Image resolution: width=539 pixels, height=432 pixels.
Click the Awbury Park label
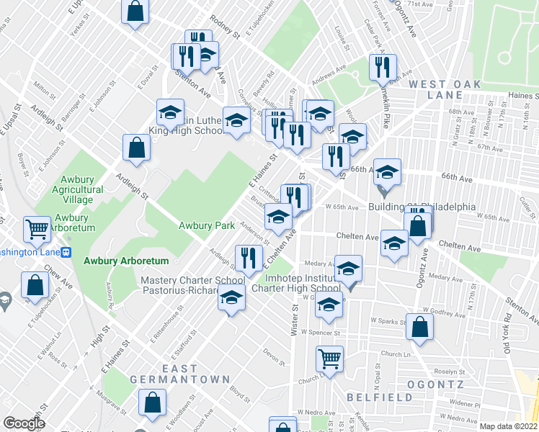pos(207,225)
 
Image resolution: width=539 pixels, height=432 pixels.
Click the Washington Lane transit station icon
pos(66,253)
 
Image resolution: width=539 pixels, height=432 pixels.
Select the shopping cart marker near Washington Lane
pos(37,229)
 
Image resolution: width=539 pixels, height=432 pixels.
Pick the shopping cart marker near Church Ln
pos(329,358)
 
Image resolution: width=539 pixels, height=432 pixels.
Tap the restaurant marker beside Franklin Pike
pos(382,67)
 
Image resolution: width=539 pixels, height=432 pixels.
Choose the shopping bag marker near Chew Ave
pos(35,284)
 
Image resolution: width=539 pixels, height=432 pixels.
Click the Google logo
pos(24,423)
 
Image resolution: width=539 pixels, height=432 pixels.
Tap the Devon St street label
pos(272,354)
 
